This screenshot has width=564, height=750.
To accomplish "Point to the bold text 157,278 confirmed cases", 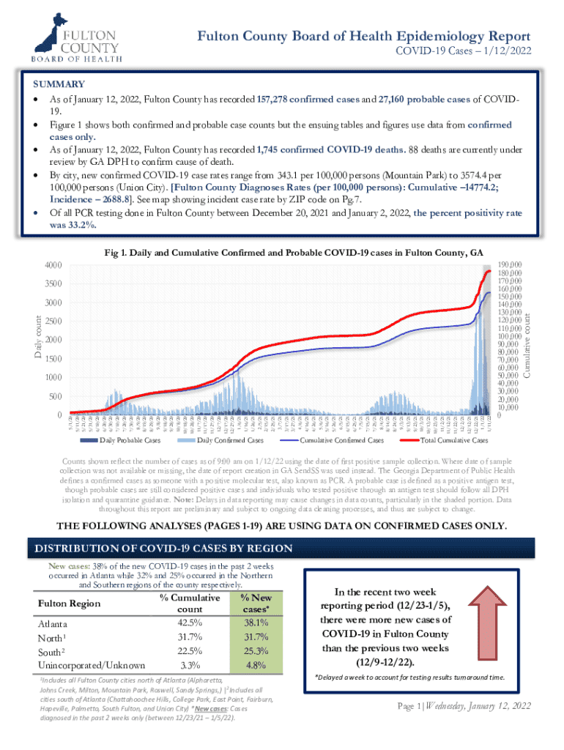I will pyautogui.click(x=308, y=99).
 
